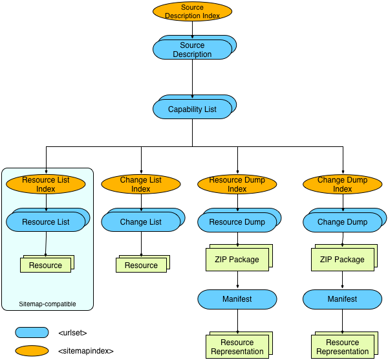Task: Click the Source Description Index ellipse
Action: tap(192, 12)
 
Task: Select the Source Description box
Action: tap(192, 50)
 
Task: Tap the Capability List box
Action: tap(192, 109)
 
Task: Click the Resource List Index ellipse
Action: tap(46, 185)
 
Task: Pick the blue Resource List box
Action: tap(46, 222)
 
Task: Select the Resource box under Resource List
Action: tap(45, 265)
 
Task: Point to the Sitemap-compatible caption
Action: tap(47, 304)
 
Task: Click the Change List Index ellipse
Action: tap(141, 185)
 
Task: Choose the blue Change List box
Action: tap(141, 222)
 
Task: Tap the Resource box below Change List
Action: tap(141, 265)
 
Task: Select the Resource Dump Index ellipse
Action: tap(237, 185)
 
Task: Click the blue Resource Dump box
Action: tap(237, 222)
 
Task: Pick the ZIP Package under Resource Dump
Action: tap(237, 260)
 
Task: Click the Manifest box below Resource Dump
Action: tap(237, 299)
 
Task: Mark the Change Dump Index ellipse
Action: tap(343, 185)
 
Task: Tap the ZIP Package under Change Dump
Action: tap(342, 260)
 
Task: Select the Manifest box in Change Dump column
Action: tap(342, 299)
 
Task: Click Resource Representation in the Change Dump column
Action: tap(342, 347)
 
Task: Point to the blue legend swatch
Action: tap(32, 333)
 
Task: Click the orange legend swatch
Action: tap(32, 351)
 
